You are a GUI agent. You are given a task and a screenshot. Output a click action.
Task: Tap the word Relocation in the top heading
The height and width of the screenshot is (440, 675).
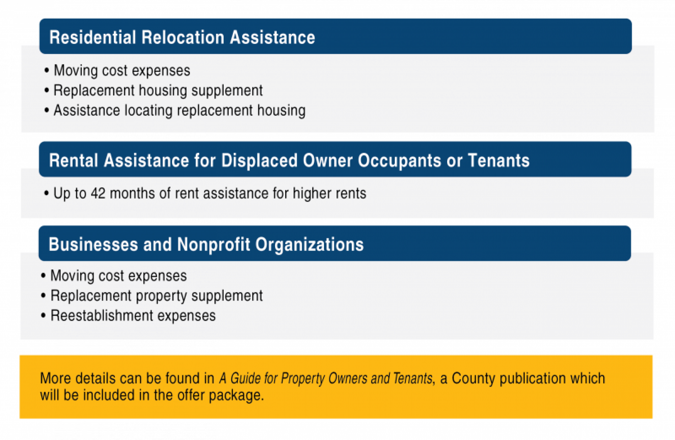pyautogui.click(x=183, y=37)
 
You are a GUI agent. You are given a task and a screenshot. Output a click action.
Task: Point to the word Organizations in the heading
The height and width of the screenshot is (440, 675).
pyautogui.click(x=309, y=245)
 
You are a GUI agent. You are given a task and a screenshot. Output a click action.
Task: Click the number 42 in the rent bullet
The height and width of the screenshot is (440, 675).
pyautogui.click(x=98, y=193)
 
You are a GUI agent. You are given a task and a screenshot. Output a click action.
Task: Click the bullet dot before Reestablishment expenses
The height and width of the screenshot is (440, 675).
pyautogui.click(x=43, y=316)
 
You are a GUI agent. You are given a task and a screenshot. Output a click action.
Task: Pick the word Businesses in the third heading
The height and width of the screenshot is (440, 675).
pyautogui.click(x=93, y=244)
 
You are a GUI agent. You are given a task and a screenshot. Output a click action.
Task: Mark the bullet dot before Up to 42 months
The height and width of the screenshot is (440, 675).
pyautogui.click(x=47, y=193)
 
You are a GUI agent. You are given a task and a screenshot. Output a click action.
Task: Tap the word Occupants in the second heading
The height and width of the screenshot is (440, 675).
pyautogui.click(x=399, y=160)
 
